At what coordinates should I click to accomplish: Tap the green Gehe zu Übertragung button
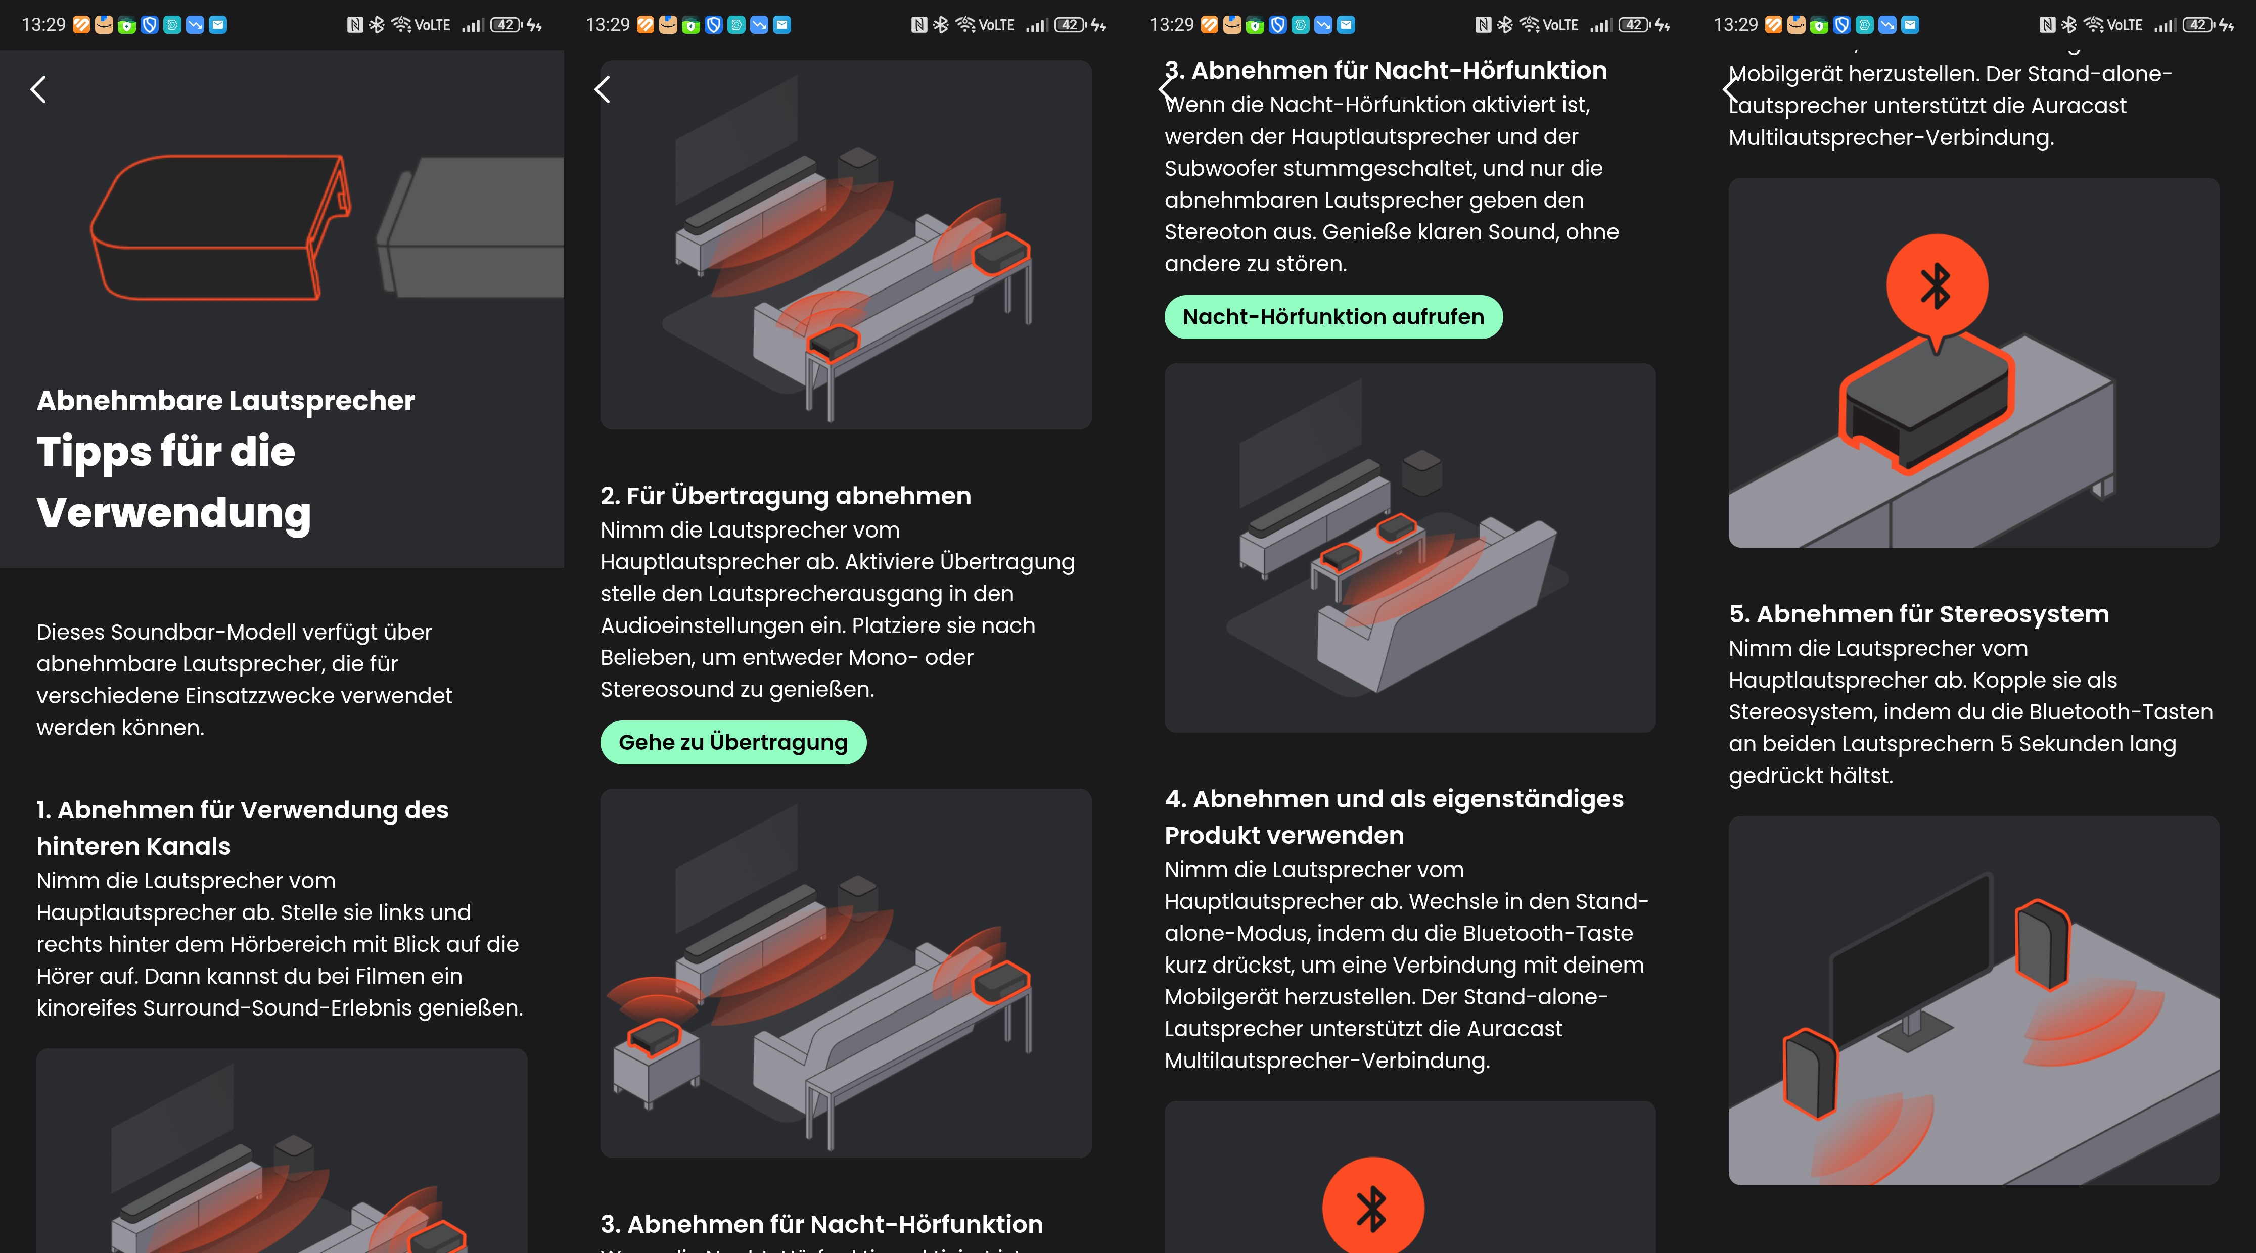click(733, 743)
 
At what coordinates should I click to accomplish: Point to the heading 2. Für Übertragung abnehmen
click(786, 496)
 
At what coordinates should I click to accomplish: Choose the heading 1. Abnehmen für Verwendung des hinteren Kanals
click(243, 828)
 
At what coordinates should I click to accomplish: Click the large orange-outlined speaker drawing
click(221, 228)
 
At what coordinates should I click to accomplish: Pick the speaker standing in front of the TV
click(1810, 1074)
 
